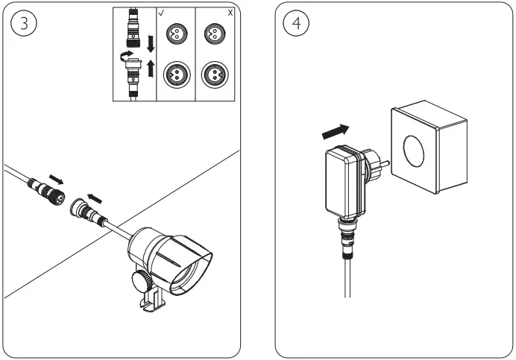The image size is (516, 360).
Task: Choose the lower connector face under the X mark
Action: [x=213, y=74]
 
